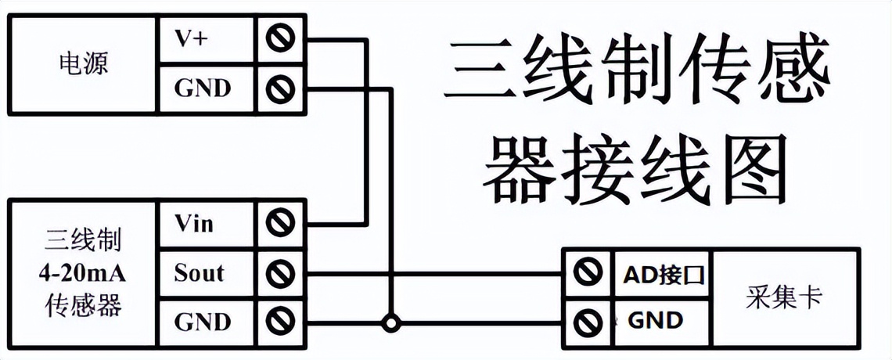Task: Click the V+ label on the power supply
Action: [x=191, y=39]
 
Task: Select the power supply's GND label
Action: [x=203, y=88]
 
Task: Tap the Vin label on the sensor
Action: [x=193, y=225]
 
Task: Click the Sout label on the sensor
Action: [x=199, y=273]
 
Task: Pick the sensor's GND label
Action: [x=203, y=322]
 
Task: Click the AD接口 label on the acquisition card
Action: [x=664, y=274]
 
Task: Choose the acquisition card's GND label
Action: [x=656, y=320]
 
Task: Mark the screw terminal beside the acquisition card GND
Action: [x=584, y=319]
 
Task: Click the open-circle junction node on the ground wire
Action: [x=388, y=322]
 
